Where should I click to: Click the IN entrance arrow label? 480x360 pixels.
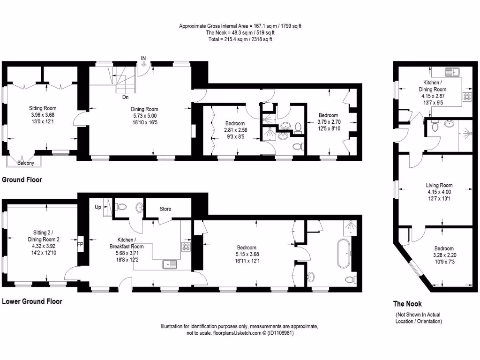(x=143, y=58)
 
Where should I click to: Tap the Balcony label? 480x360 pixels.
(x=25, y=163)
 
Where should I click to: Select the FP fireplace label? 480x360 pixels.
(x=80, y=245)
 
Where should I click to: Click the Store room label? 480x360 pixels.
(x=165, y=209)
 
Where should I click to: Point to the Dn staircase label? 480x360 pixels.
(x=125, y=97)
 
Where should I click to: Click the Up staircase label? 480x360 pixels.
(x=98, y=207)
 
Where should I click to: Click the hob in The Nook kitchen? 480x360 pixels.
(x=467, y=97)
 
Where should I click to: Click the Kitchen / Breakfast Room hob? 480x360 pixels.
(x=186, y=247)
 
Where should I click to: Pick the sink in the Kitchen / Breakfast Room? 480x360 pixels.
(x=170, y=264)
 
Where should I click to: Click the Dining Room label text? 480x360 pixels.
(x=144, y=109)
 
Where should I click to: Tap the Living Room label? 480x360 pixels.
(x=439, y=185)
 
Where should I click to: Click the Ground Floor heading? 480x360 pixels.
(x=22, y=180)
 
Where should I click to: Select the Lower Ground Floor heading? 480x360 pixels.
(x=32, y=301)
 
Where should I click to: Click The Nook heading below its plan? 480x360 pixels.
(x=407, y=304)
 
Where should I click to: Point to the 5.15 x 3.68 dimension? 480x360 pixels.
(x=247, y=254)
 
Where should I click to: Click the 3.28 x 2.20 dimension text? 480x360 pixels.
(x=444, y=255)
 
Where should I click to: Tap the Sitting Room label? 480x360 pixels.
(x=43, y=108)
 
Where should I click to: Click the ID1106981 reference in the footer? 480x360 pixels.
(x=281, y=333)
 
